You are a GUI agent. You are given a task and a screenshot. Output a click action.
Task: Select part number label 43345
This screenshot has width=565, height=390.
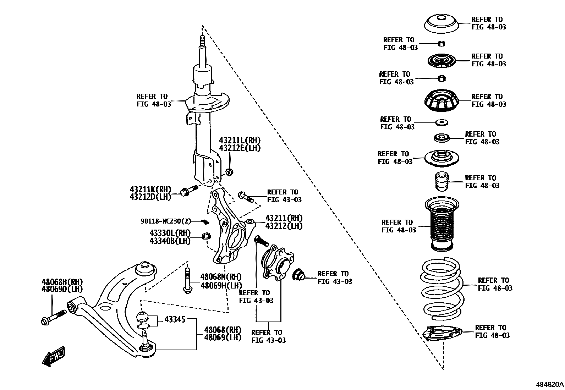pyautogui.click(x=175, y=320)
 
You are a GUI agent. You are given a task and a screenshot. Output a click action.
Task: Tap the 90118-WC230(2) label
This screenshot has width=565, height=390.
pyautogui.click(x=166, y=221)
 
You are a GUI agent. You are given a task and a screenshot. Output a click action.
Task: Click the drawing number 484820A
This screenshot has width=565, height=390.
pyautogui.click(x=550, y=384)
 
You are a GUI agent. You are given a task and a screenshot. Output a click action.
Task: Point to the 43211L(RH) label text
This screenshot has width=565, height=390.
pyautogui.click(x=240, y=140)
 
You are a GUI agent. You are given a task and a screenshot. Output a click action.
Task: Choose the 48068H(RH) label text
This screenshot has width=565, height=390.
pyautogui.click(x=62, y=282)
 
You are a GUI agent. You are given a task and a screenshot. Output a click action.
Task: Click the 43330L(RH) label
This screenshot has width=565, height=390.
pyautogui.click(x=170, y=233)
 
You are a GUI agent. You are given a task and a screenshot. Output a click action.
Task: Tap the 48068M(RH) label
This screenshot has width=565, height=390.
pyautogui.click(x=221, y=277)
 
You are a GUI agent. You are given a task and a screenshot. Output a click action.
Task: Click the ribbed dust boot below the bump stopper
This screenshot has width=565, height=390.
pyautogui.click(x=442, y=224)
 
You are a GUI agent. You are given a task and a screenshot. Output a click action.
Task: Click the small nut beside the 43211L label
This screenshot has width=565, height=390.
pyautogui.click(x=230, y=172)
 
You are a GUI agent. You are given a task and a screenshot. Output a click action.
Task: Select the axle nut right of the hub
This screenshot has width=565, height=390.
pyautogui.click(x=297, y=274)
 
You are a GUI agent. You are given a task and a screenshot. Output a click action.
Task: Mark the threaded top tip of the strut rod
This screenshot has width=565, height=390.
pyautogui.click(x=202, y=39)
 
